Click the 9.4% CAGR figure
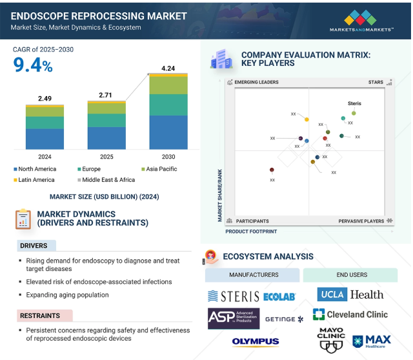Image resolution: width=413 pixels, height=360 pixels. pos(33,65)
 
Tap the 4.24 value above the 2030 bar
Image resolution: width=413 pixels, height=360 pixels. pos(168,68)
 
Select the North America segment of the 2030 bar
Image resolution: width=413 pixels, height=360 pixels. pos(168,132)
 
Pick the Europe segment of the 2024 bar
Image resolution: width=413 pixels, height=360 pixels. pos(45,123)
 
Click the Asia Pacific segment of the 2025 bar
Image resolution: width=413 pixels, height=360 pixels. pos(106,108)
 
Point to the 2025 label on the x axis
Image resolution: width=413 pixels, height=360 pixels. pos(106,157)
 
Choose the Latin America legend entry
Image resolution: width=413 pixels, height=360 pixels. pos(34,180)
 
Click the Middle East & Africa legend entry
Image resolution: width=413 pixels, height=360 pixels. pos(106,180)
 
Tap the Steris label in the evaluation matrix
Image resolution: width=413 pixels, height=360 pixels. pos(354,103)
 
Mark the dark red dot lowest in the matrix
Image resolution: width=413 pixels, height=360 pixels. pos(272,170)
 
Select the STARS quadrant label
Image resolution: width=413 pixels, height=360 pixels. pos(376,82)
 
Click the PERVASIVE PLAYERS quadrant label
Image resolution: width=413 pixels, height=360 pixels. pos(361,221)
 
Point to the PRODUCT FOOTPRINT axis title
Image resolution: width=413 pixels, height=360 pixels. pos(251,232)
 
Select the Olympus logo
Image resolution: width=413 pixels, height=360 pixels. pos(256,341)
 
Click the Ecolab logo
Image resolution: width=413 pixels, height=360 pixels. pos(279,297)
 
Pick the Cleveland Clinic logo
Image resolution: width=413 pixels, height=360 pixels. pos(350,314)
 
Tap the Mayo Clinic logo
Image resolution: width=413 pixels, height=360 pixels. pos(331,340)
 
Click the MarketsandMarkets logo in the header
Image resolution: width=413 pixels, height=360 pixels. pos(361,21)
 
